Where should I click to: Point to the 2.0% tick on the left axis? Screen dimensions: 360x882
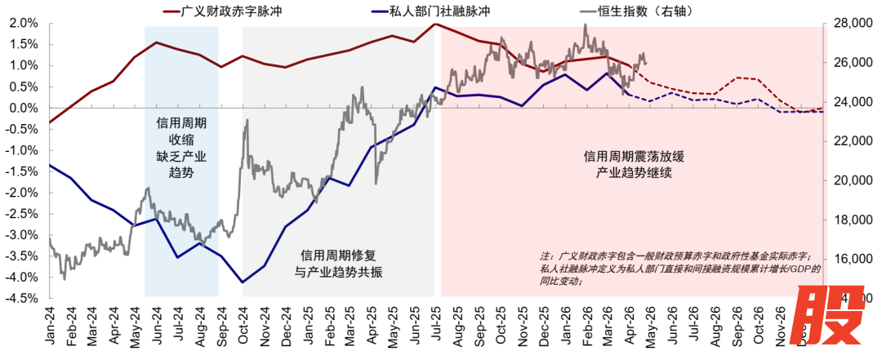[22, 24]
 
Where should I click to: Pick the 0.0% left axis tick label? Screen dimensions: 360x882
[22, 108]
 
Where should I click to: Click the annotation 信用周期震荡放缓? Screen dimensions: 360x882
[627, 155]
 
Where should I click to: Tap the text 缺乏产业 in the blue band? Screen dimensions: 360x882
[181, 157]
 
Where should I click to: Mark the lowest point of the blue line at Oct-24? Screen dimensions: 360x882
[243, 282]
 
